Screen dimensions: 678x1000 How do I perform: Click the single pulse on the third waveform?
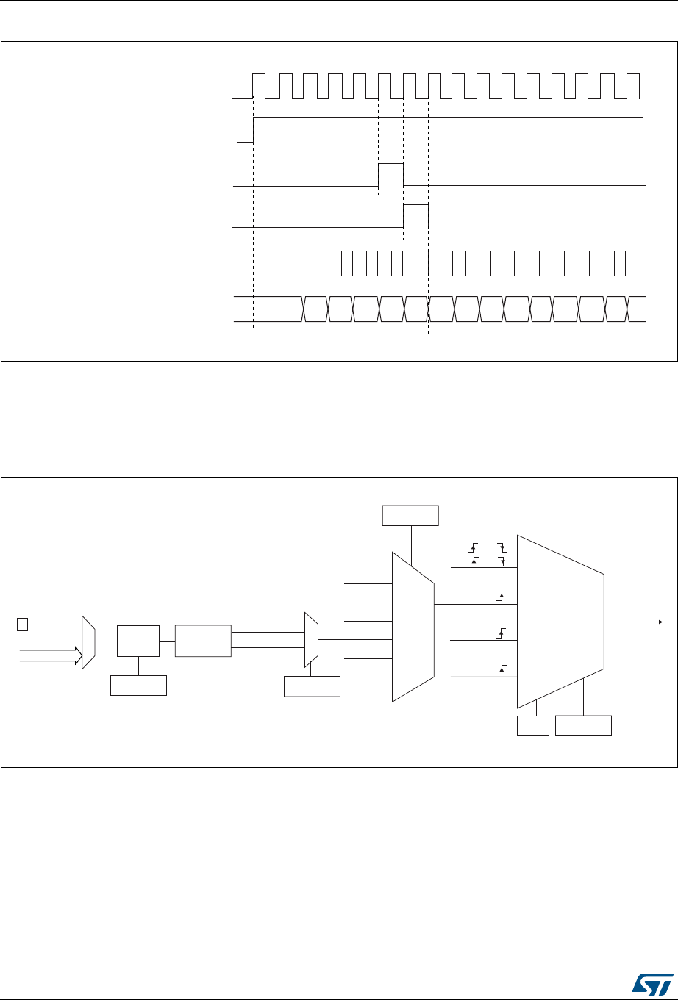point(390,176)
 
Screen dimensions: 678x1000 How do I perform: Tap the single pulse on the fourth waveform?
point(415,217)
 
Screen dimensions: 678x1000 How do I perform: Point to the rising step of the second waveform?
point(253,129)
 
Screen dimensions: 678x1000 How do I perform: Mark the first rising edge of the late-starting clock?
point(304,263)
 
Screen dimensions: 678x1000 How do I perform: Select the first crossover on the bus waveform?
point(304,309)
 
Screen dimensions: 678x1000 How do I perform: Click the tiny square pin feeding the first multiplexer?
point(22,625)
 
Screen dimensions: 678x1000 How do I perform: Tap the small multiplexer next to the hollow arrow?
point(88,642)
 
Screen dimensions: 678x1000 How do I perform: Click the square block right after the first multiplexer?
point(138,640)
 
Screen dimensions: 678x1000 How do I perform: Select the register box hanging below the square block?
point(138,686)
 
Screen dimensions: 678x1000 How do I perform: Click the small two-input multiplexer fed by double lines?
point(311,640)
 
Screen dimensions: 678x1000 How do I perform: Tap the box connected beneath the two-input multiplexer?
point(312,686)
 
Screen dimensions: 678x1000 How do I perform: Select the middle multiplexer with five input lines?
point(413,627)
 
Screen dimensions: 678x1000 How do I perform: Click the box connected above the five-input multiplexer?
point(410,516)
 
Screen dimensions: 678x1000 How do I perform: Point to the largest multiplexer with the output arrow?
point(560,621)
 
